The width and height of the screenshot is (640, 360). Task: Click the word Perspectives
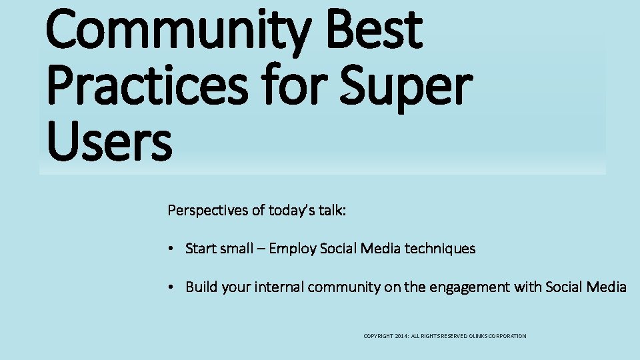point(207,211)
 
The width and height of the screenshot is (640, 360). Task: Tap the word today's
point(291,211)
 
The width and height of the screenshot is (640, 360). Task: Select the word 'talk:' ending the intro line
point(331,211)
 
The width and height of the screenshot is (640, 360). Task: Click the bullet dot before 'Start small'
point(171,249)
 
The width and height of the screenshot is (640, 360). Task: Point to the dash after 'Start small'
point(259,249)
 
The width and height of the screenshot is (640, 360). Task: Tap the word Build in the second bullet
point(200,287)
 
